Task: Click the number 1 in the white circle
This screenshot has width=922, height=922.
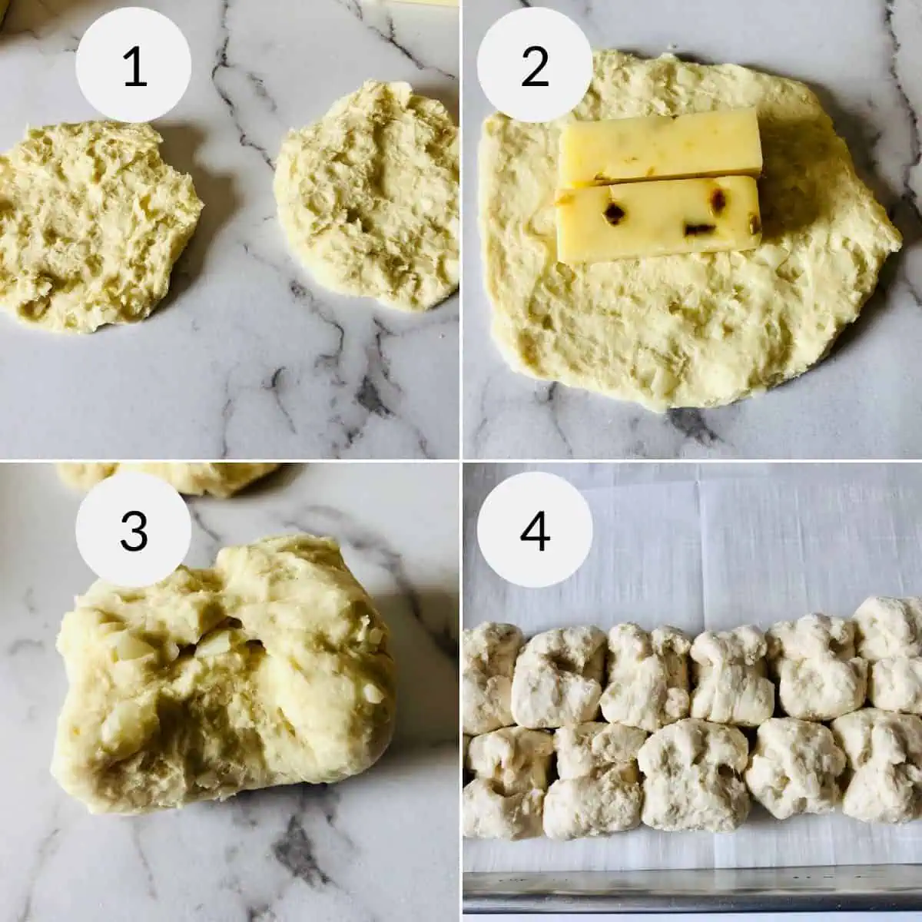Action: pos(134,67)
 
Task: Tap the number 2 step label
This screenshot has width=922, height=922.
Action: pos(535,67)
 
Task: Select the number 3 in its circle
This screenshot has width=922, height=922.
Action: pos(134,529)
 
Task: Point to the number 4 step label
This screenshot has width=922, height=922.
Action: pos(535,529)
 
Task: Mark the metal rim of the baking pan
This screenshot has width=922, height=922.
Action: pos(691,891)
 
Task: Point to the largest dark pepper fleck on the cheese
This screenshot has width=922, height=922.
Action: pos(613,213)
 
